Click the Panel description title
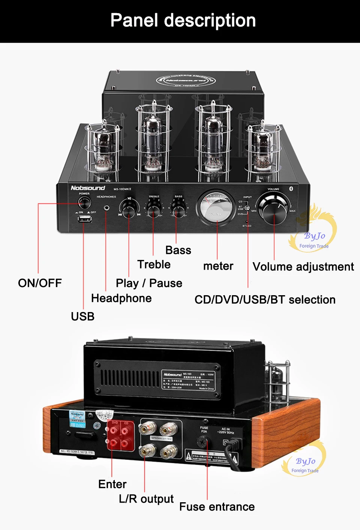(x=183, y=21)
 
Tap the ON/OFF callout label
(x=40, y=283)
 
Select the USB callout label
(x=82, y=316)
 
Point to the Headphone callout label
(x=121, y=298)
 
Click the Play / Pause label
(x=149, y=283)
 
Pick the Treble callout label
(x=154, y=264)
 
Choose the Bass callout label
(x=178, y=250)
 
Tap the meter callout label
(x=218, y=266)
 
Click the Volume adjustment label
(x=303, y=267)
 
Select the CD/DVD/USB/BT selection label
(x=265, y=300)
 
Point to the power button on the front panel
(x=84, y=203)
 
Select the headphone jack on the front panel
(x=107, y=207)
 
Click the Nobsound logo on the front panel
(x=88, y=188)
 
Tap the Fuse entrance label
(x=217, y=507)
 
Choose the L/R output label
(x=146, y=499)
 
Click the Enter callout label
(x=112, y=484)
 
